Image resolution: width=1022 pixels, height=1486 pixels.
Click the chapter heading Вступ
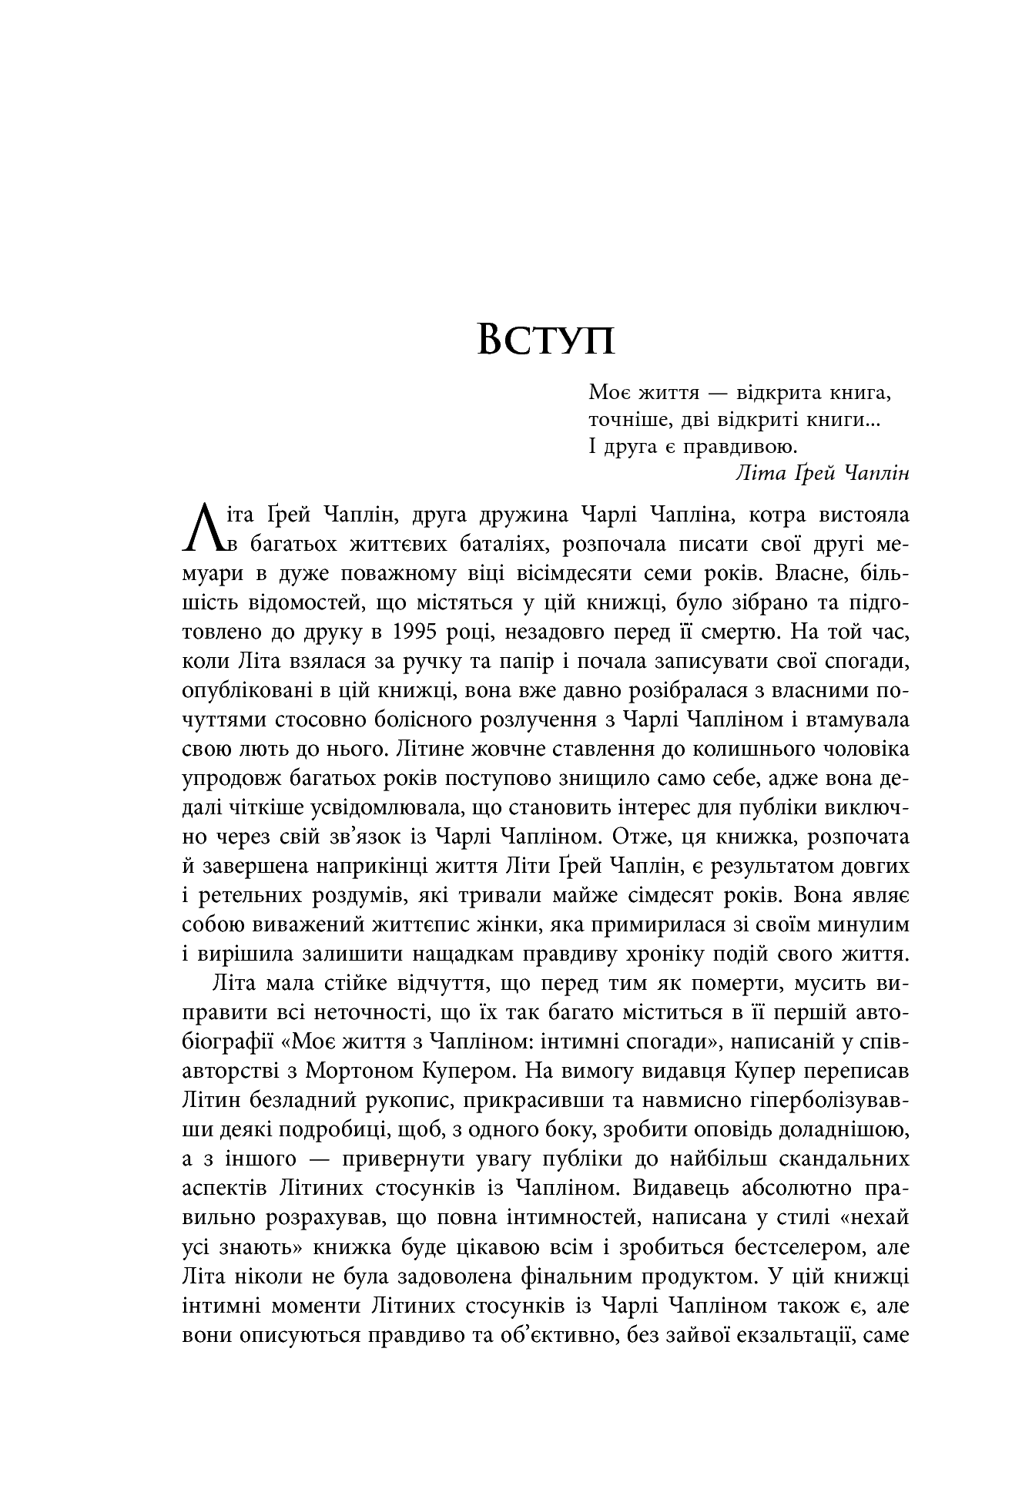[546, 339]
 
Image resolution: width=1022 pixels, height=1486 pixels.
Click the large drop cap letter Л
[204, 528]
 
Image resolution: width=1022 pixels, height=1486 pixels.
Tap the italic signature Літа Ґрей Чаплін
[823, 473]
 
